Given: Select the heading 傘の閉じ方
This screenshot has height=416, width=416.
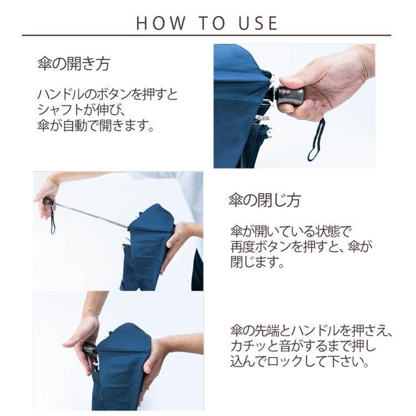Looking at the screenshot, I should click(265, 200).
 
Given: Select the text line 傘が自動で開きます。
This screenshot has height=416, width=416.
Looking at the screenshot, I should click(94, 125).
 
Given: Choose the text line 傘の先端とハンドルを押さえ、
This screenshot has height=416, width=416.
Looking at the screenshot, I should click(311, 332).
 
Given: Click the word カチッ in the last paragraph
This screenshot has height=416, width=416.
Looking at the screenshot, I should click(247, 348).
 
